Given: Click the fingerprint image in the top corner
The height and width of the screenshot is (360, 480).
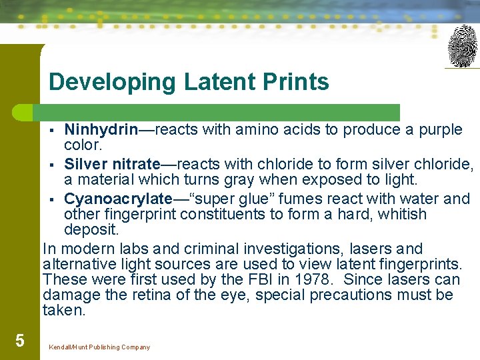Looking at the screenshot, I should tap(463, 46).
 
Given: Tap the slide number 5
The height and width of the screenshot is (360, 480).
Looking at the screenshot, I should tap(20, 341).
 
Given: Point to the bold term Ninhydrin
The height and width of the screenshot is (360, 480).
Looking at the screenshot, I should tap(101, 129).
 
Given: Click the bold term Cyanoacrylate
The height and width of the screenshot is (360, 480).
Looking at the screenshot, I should tap(118, 199).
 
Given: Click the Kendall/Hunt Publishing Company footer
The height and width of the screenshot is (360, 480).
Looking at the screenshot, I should tap(99, 347).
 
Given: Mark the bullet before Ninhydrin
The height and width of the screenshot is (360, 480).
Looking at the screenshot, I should tap(55, 130).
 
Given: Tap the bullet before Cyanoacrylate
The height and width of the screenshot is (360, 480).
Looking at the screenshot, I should tap(55, 199).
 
